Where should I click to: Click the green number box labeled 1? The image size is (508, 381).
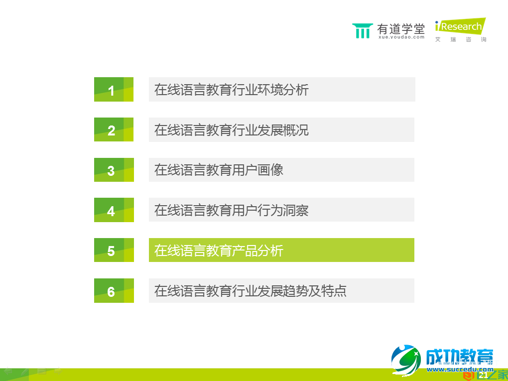pyautogui.click(x=114, y=90)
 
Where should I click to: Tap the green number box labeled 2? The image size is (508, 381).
pyautogui.click(x=114, y=130)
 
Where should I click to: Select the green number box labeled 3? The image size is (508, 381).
pyautogui.click(x=114, y=170)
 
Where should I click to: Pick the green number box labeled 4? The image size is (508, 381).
pyautogui.click(x=114, y=210)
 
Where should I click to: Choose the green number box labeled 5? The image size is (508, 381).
pyautogui.click(x=114, y=250)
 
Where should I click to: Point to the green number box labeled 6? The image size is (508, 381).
pyautogui.click(x=114, y=290)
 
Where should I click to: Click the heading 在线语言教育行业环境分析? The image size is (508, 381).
pyautogui.click(x=232, y=90)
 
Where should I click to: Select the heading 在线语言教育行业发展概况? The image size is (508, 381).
pyautogui.click(x=232, y=130)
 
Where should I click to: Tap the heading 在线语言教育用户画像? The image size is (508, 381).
pyautogui.click(x=219, y=170)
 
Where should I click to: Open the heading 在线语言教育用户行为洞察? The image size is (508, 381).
pyautogui.click(x=232, y=210)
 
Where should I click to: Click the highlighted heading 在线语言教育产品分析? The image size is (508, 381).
pyautogui.click(x=219, y=250)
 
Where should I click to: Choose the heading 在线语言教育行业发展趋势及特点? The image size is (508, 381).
pyautogui.click(x=251, y=290)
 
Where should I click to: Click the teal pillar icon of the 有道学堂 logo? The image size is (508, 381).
pyautogui.click(x=362, y=30)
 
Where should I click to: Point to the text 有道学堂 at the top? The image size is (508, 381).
pyautogui.click(x=401, y=28)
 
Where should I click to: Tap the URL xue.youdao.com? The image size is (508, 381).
pyautogui.click(x=401, y=37)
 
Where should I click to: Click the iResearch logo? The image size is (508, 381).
pyautogui.click(x=459, y=26)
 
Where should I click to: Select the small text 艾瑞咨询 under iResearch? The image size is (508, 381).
pyautogui.click(x=461, y=39)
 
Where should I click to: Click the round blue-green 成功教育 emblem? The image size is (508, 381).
pyautogui.click(x=406, y=360)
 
